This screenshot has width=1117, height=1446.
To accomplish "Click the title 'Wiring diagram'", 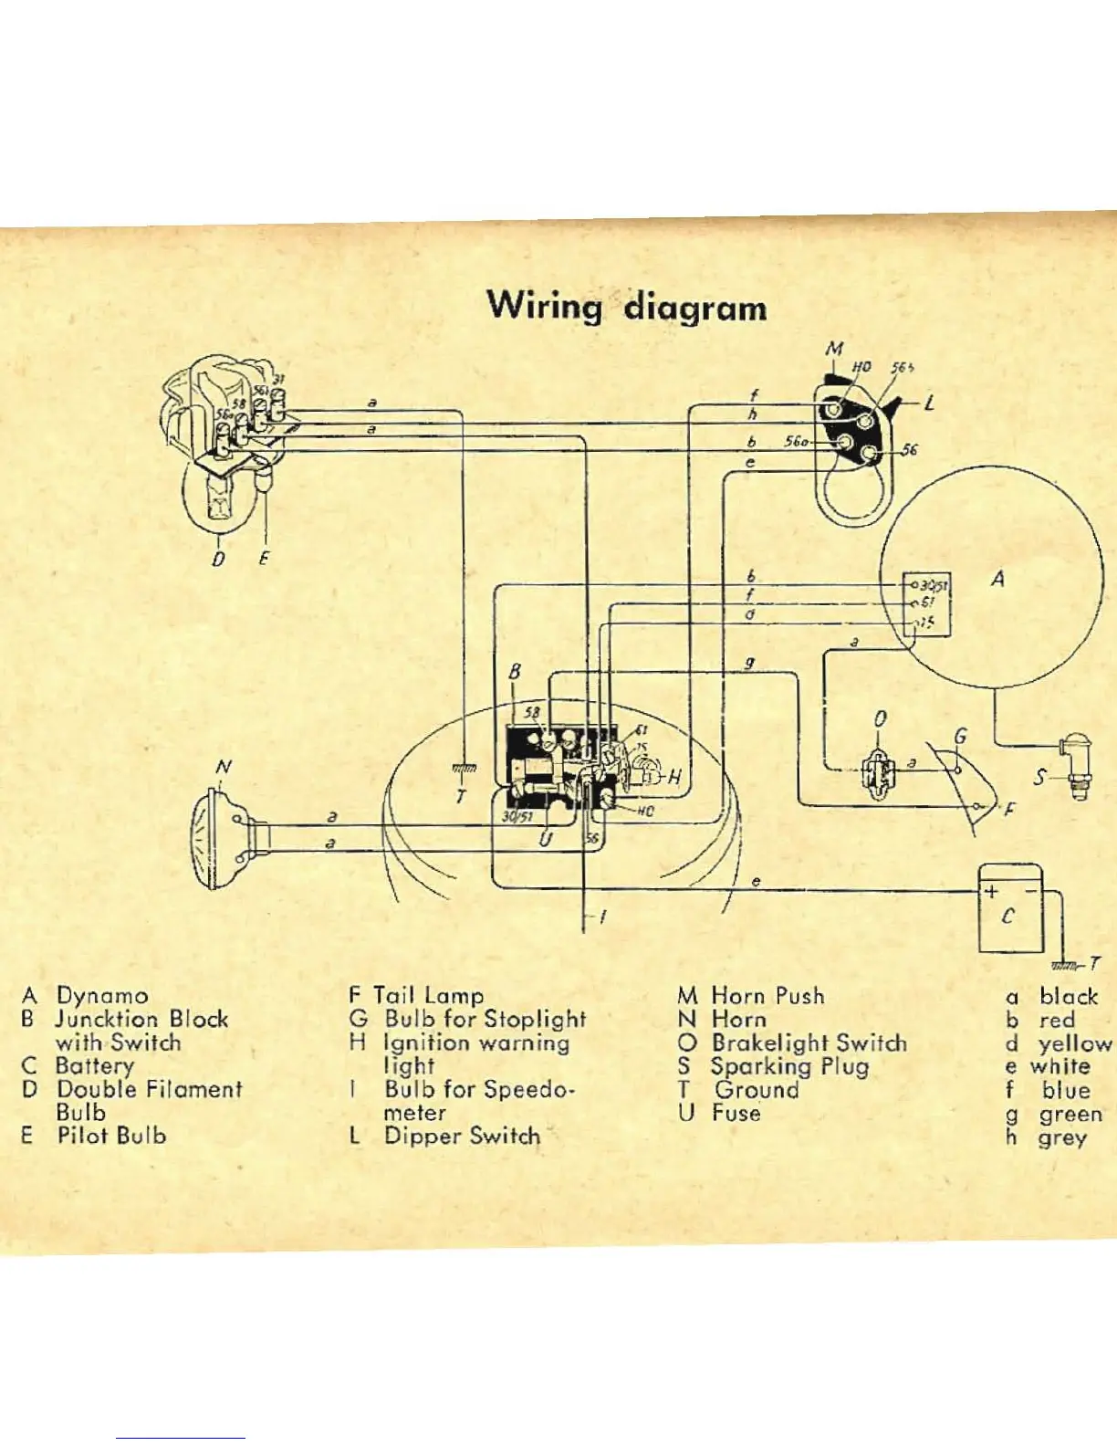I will click(627, 306).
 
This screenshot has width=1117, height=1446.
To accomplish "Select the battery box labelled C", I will click(1009, 908).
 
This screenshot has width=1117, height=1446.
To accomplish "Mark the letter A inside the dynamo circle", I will click(998, 579).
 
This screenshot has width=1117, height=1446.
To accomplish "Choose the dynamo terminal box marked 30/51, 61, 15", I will click(927, 604).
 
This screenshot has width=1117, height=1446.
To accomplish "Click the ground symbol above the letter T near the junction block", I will click(464, 771).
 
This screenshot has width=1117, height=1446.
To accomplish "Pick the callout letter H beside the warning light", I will click(674, 777).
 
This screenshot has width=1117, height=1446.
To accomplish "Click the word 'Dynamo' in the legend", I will click(102, 996).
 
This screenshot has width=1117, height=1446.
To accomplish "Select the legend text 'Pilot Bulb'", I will click(111, 1136).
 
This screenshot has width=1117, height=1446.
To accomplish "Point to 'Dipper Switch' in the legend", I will click(462, 1136).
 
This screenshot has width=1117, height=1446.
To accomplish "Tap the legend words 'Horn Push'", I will click(767, 996).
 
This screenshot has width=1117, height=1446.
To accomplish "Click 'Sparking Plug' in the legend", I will click(789, 1066).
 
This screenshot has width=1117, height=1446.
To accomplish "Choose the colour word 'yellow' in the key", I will click(1074, 1043).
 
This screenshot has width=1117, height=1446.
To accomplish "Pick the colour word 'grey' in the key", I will click(1062, 1137).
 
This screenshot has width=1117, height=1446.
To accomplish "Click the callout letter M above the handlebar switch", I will click(834, 348).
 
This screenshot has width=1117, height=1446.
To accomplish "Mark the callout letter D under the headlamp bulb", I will click(218, 558).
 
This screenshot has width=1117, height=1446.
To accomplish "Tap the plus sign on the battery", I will click(991, 891).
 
